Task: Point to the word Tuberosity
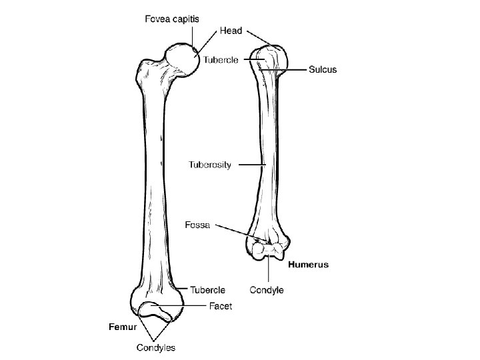[210, 165]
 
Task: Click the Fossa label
[197, 225]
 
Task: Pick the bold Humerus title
[308, 265]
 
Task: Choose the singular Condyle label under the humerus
[267, 290]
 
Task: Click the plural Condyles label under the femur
[156, 347]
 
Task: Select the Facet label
[221, 307]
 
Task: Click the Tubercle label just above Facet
[208, 290]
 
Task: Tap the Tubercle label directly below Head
[221, 61]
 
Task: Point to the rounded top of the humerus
[269, 53]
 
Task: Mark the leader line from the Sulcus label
[293, 69]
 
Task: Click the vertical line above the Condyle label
[269, 271]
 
